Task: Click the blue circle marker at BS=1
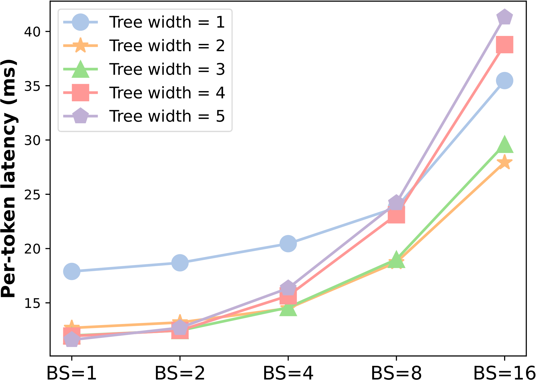click(72, 271)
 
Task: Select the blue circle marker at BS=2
click(180, 263)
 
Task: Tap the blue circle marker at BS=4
click(288, 244)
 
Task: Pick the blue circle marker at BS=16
click(505, 80)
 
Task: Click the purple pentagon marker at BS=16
click(505, 17)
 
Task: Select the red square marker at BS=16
click(505, 44)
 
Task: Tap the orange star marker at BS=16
click(505, 162)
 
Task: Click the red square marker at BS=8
click(396, 215)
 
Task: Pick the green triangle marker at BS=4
click(288, 309)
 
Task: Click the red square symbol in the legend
click(80, 92)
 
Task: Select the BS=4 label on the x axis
click(288, 372)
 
